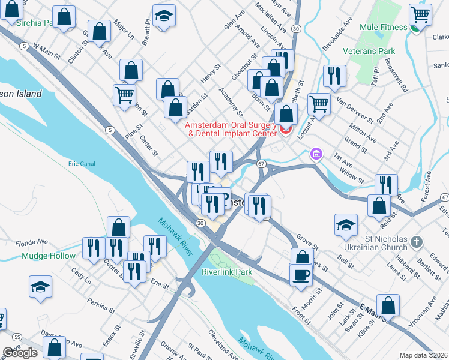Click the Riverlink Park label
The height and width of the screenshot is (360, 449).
click(x=227, y=272)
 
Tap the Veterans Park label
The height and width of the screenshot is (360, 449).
click(x=369, y=52)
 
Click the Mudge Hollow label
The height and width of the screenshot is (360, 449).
click(x=49, y=256)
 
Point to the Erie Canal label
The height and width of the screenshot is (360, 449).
click(x=82, y=163)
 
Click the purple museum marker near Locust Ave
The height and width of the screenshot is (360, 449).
click(x=316, y=155)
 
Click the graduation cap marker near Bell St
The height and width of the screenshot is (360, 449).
click(x=346, y=225)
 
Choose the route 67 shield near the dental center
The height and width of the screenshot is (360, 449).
click(x=261, y=163)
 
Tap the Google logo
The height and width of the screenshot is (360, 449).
click(x=19, y=353)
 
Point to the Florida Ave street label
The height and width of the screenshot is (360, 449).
click(x=31, y=242)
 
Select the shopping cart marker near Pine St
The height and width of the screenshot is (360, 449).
click(x=124, y=94)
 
